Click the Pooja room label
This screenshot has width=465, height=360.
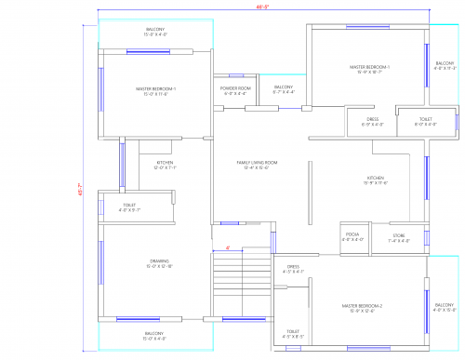pyautogui.click(x=352, y=235)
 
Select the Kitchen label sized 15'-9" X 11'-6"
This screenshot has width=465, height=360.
pyautogui.click(x=376, y=180)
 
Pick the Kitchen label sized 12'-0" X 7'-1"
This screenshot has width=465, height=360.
pyautogui.click(x=164, y=165)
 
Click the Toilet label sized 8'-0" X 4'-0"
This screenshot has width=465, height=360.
pyautogui.click(x=424, y=121)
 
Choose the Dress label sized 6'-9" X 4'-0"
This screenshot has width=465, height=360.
pyautogui.click(x=372, y=121)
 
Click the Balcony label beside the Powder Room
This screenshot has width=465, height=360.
pyautogui.click(x=283, y=88)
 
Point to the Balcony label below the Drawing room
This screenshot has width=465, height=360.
pyautogui.click(x=154, y=335)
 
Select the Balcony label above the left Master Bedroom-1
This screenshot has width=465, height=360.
pyautogui.click(x=156, y=32)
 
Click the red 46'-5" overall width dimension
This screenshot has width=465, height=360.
pyautogui.click(x=263, y=8)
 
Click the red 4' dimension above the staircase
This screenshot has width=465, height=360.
pyautogui.click(x=228, y=248)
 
